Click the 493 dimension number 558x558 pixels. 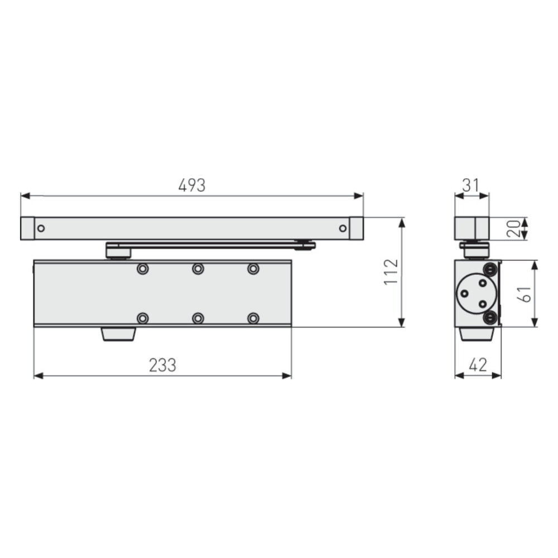192,185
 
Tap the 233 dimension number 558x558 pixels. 162,365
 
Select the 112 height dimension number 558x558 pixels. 392,272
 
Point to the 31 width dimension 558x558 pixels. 470,185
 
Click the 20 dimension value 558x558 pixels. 513,229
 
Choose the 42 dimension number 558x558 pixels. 478,365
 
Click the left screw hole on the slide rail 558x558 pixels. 41,228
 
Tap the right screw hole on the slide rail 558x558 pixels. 343,228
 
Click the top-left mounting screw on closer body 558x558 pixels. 143,269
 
